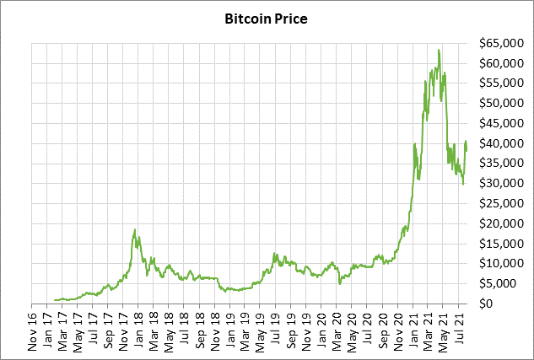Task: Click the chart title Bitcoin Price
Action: (266, 17)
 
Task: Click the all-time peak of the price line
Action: (439, 50)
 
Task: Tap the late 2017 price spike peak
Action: (135, 229)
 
